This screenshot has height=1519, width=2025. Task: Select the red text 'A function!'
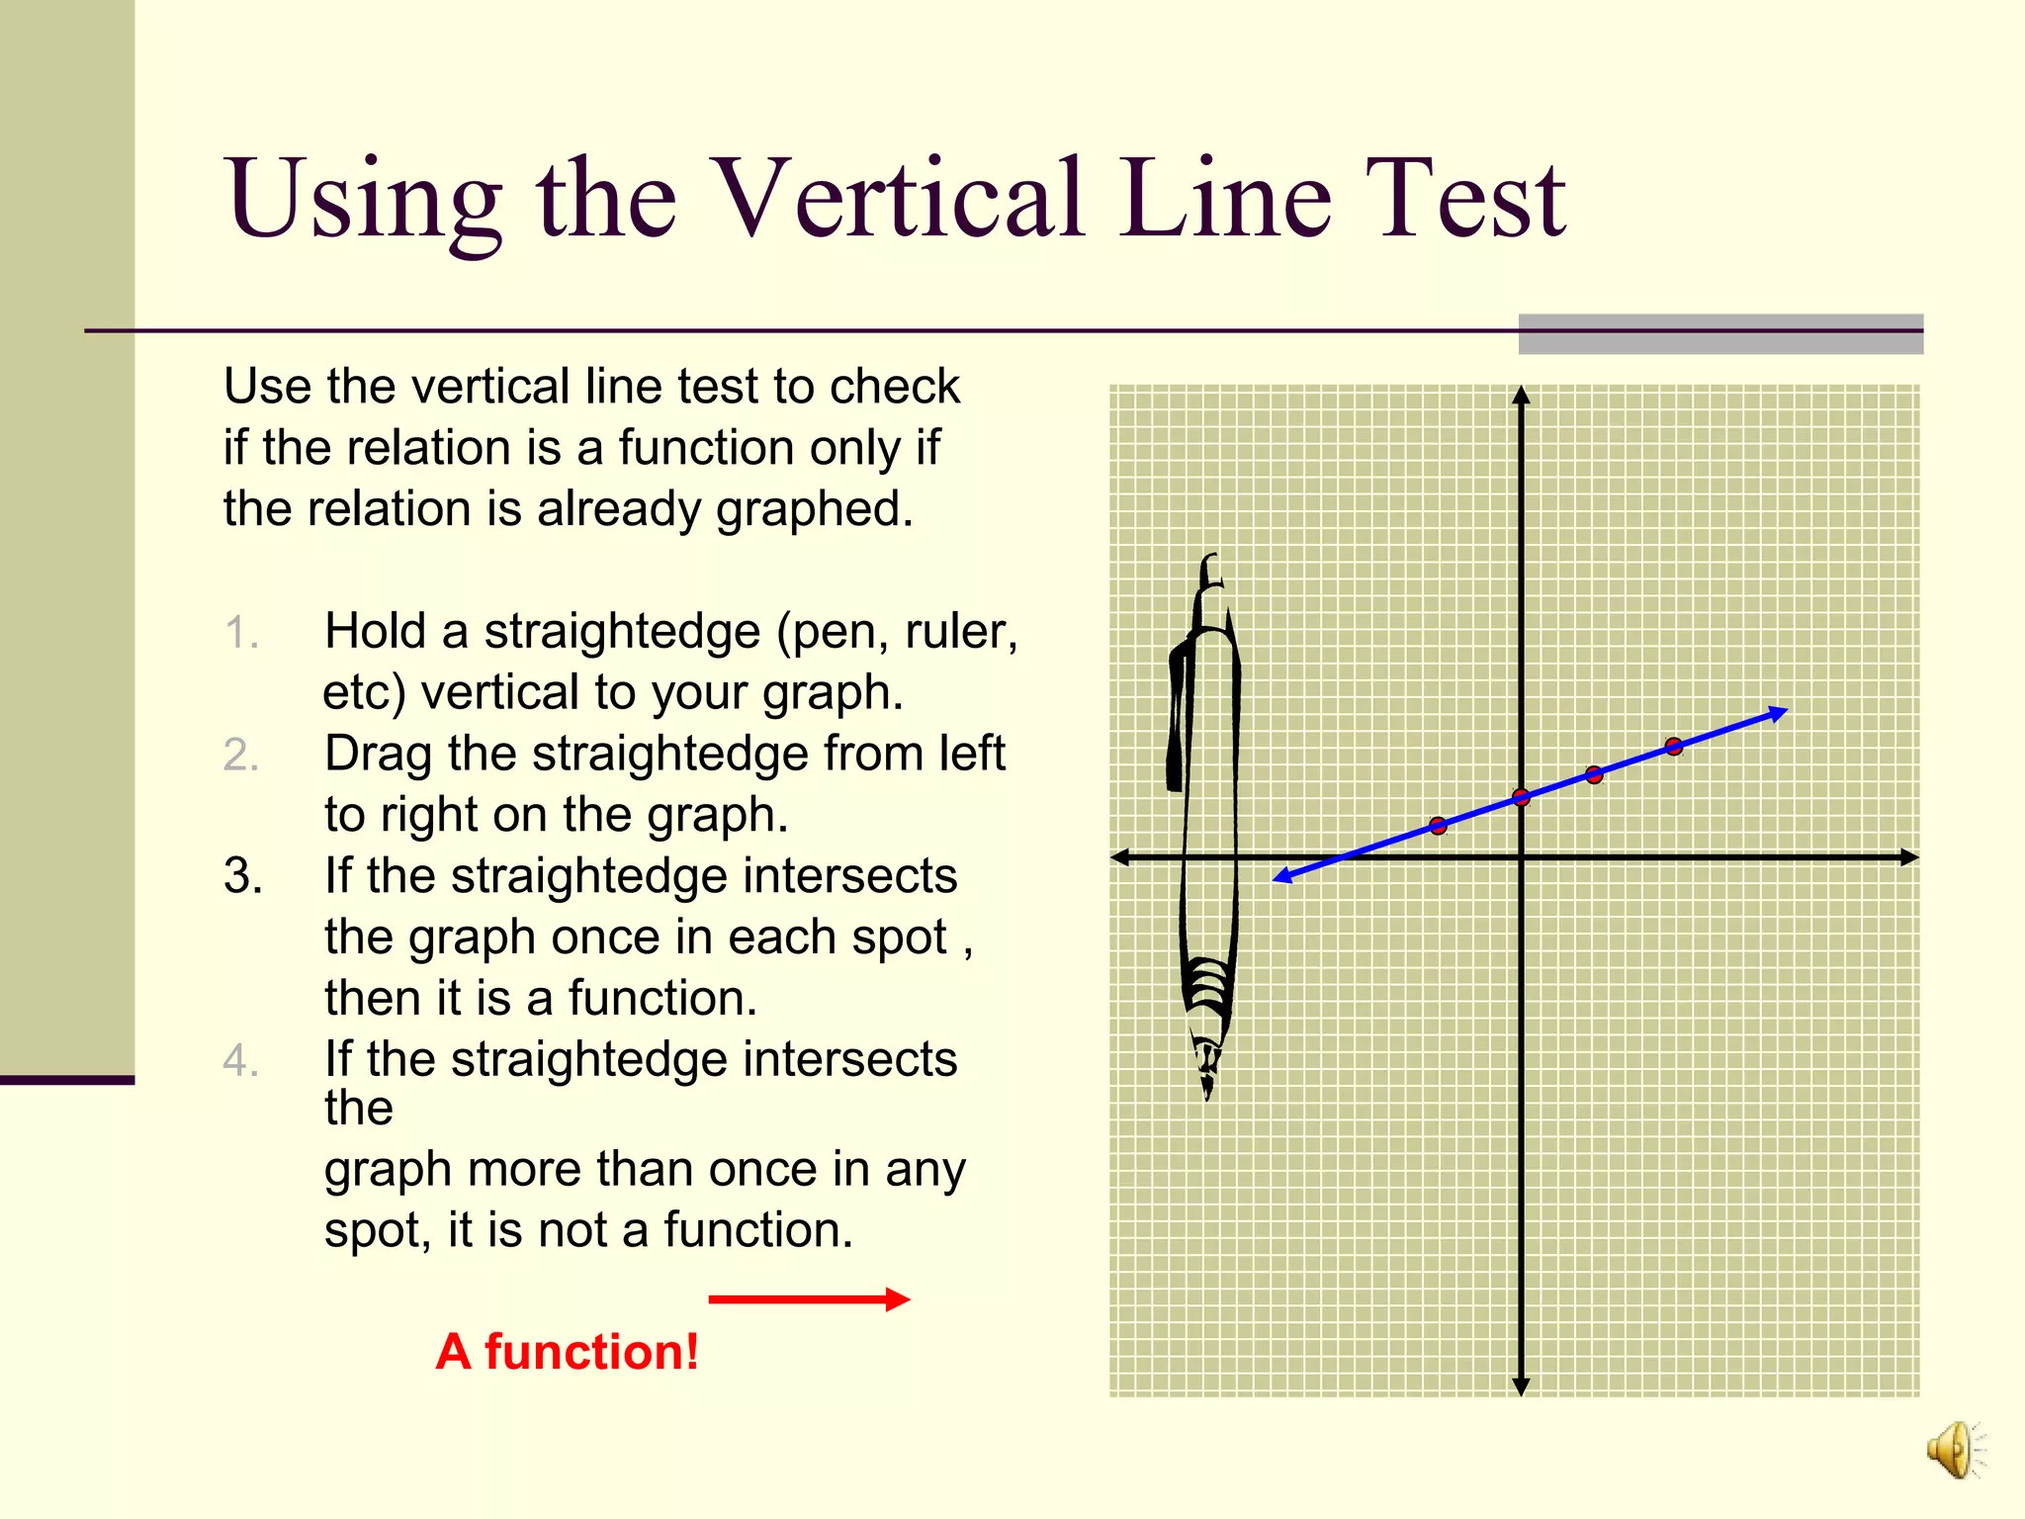click(567, 1352)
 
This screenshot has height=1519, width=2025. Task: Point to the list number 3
click(242, 876)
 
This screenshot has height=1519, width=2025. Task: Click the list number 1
click(241, 633)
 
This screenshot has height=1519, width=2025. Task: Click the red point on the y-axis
click(1521, 797)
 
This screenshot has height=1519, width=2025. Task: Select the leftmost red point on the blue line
click(1438, 826)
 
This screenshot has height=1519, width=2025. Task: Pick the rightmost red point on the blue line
click(1673, 746)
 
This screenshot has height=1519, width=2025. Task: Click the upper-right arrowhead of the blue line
click(1780, 711)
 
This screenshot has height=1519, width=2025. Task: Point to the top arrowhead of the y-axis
click(1521, 395)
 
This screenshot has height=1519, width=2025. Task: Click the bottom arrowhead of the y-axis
click(1521, 1386)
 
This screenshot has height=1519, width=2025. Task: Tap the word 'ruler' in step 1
click(957, 631)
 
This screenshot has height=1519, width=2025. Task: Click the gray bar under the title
click(1720, 334)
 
